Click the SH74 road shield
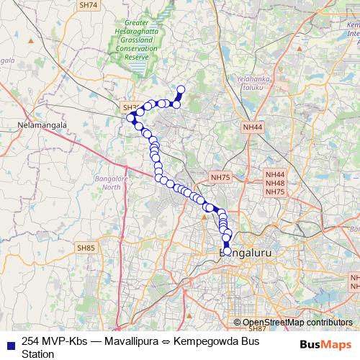pyautogui.click(x=88, y=4)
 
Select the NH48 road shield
pyautogui.click(x=275, y=183)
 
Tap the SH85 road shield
pyautogui.click(x=85, y=248)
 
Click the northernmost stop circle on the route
pyautogui.click(x=181, y=89)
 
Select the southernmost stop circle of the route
pyautogui.click(x=228, y=251)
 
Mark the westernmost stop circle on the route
pyautogui.click(x=130, y=117)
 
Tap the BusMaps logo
pyautogui.click(x=326, y=343)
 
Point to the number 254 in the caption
pyautogui.click(x=32, y=341)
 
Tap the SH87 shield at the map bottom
pyautogui.click(x=257, y=328)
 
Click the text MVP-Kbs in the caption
pyautogui.click(x=63, y=341)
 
